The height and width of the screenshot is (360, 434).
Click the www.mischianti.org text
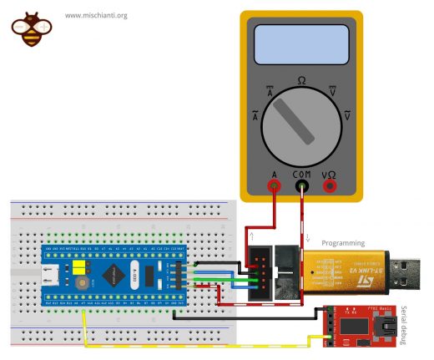point(96,15)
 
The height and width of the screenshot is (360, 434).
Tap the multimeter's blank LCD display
point(300,46)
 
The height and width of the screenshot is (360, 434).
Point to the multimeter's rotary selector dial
point(300,124)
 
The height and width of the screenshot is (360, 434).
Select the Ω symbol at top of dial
point(300,81)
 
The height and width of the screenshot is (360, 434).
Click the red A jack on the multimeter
point(273,187)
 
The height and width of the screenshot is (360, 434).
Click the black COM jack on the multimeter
point(301,187)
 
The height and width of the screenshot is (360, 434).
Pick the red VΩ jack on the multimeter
point(331,187)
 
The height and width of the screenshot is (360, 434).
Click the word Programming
point(342,243)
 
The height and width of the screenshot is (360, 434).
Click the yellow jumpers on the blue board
point(81,267)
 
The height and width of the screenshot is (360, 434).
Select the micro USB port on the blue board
point(51,272)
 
